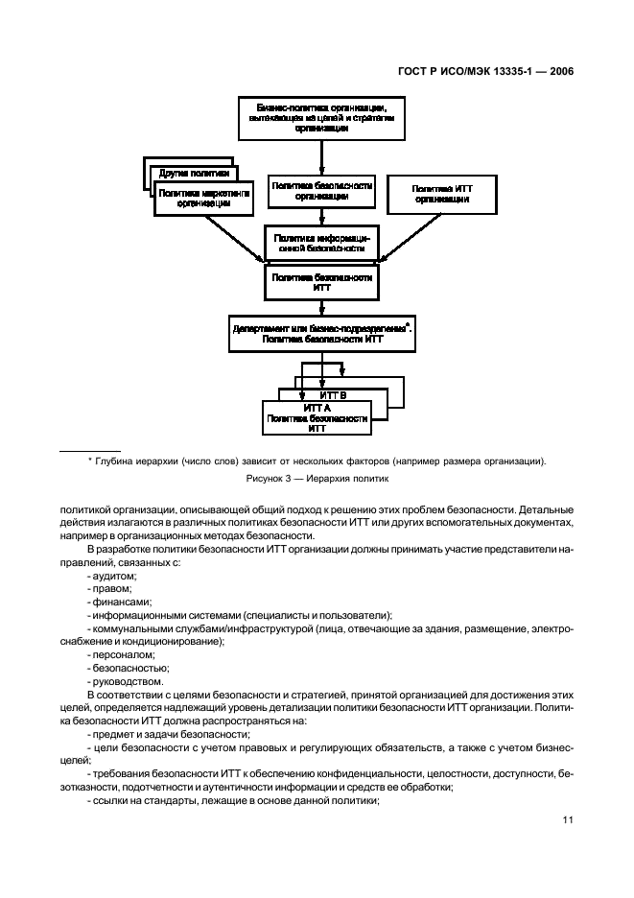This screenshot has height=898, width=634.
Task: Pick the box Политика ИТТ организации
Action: [x=441, y=195]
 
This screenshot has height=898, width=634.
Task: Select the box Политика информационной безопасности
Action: [x=321, y=242]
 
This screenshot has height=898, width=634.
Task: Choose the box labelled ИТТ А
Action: [x=317, y=419]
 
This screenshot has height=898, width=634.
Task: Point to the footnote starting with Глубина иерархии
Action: [x=317, y=461]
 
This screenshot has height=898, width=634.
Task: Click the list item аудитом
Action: [x=113, y=575]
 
